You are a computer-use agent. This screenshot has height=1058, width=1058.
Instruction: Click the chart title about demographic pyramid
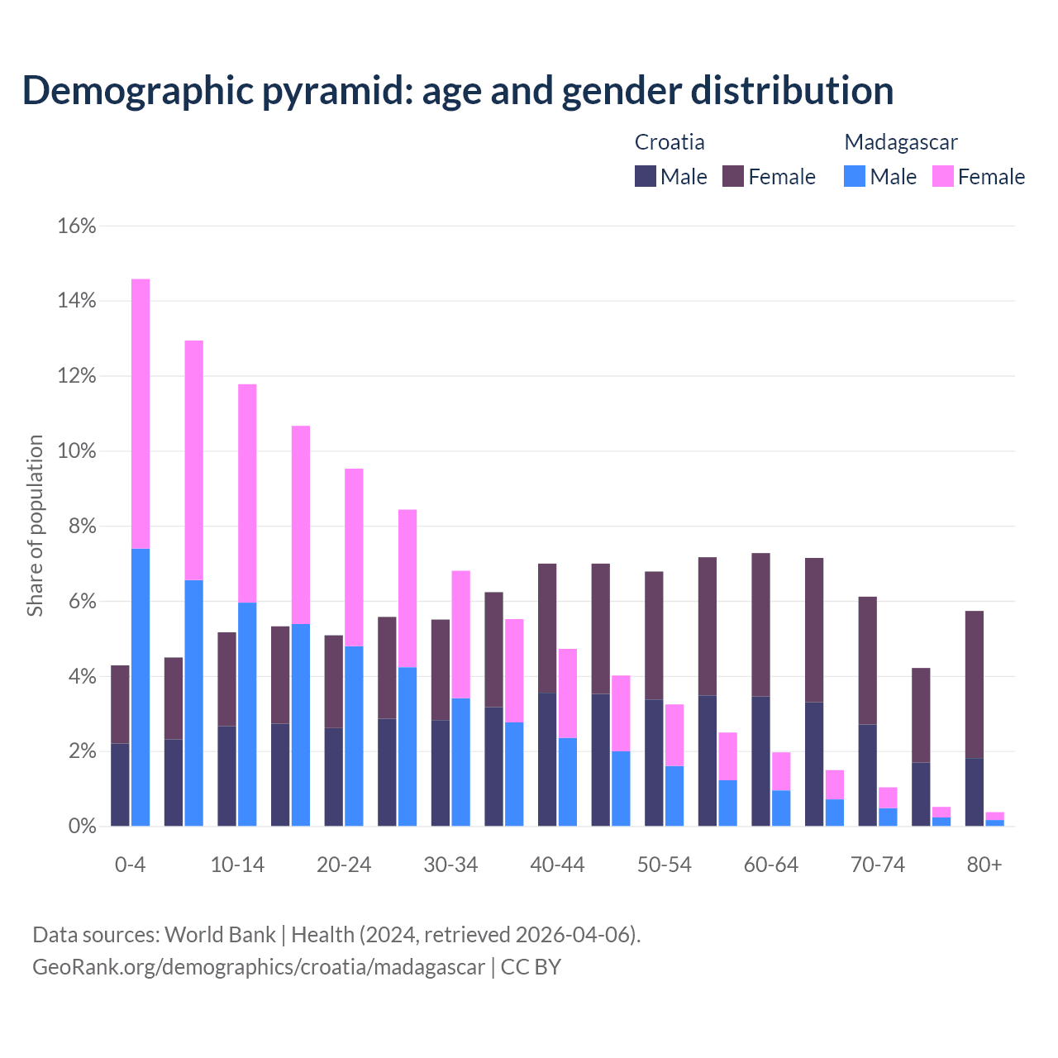click(457, 91)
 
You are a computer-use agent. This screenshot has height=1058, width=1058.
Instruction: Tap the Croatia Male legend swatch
click(645, 176)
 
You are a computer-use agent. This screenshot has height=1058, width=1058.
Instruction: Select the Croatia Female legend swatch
click(733, 176)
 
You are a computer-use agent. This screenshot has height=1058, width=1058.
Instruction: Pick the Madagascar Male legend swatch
click(855, 176)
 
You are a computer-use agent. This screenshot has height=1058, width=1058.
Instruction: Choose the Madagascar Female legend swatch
click(942, 176)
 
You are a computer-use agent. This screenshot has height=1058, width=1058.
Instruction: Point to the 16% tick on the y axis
click(77, 226)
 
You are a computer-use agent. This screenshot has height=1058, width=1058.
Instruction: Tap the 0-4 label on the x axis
click(130, 865)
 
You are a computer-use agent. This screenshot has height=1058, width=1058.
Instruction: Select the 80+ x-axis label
click(984, 865)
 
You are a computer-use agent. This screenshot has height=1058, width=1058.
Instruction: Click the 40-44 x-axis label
click(557, 865)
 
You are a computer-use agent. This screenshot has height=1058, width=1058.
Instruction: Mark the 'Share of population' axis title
click(35, 526)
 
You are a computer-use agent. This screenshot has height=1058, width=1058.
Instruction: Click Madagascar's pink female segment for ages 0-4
click(141, 413)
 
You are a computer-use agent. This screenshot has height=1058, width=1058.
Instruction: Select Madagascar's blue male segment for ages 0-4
click(141, 686)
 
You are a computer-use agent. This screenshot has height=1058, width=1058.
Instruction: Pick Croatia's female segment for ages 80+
click(975, 684)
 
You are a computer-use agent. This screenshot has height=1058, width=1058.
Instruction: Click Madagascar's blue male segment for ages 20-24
click(354, 736)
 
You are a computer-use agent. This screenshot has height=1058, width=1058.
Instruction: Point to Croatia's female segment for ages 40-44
click(547, 628)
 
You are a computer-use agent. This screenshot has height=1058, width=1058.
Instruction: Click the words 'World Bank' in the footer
click(220, 935)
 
